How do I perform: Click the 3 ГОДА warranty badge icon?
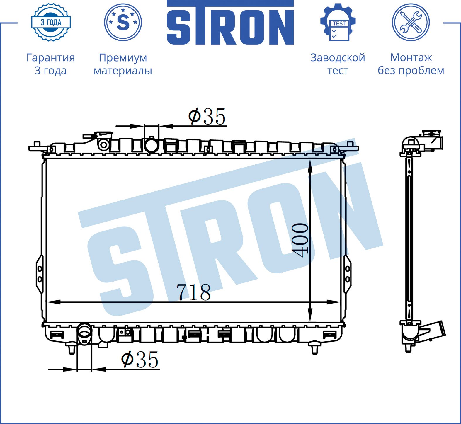(x=51, y=22)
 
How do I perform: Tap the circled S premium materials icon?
(x=123, y=22)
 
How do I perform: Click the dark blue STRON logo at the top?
(x=230, y=23)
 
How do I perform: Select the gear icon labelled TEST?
(x=338, y=22)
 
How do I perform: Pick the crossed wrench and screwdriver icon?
(x=411, y=22)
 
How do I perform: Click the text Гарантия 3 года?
(x=51, y=64)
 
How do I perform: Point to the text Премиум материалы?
(x=123, y=64)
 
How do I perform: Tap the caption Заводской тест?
(x=338, y=64)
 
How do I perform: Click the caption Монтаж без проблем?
(x=411, y=64)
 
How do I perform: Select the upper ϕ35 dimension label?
(x=207, y=116)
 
